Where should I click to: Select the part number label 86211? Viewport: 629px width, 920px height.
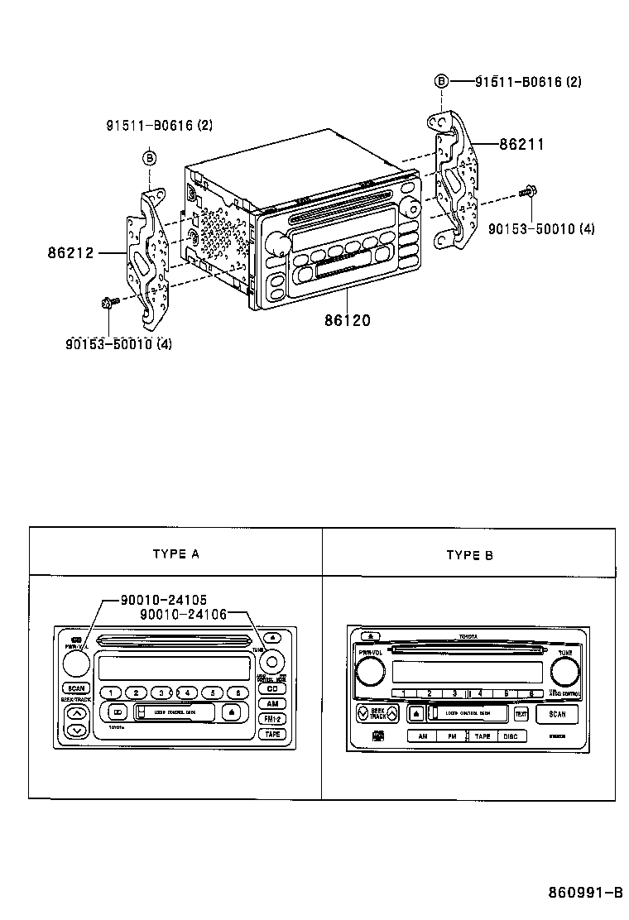pos(521,143)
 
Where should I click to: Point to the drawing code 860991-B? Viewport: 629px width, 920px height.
pos(584,893)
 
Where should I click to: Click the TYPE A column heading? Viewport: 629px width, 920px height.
pos(175,554)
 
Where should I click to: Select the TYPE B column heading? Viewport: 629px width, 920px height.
pos(469,555)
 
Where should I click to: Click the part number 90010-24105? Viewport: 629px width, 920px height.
pos(163,599)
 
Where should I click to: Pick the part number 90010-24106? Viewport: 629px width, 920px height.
pos(183,614)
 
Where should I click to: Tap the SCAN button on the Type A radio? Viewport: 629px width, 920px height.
pos(76,688)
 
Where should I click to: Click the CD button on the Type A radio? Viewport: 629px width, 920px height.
pos(272,689)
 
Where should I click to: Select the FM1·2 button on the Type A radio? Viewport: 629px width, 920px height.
pos(272,719)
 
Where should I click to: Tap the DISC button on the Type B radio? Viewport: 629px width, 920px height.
pos(511,736)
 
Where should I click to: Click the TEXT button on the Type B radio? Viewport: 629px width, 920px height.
pos(521,713)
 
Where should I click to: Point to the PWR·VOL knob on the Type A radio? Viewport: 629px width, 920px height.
pos(75,662)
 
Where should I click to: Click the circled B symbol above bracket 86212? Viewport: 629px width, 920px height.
pos(150,157)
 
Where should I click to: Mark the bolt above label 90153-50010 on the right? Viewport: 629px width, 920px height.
pos(526,192)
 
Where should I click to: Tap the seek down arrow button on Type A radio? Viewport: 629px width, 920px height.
pos(76,731)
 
